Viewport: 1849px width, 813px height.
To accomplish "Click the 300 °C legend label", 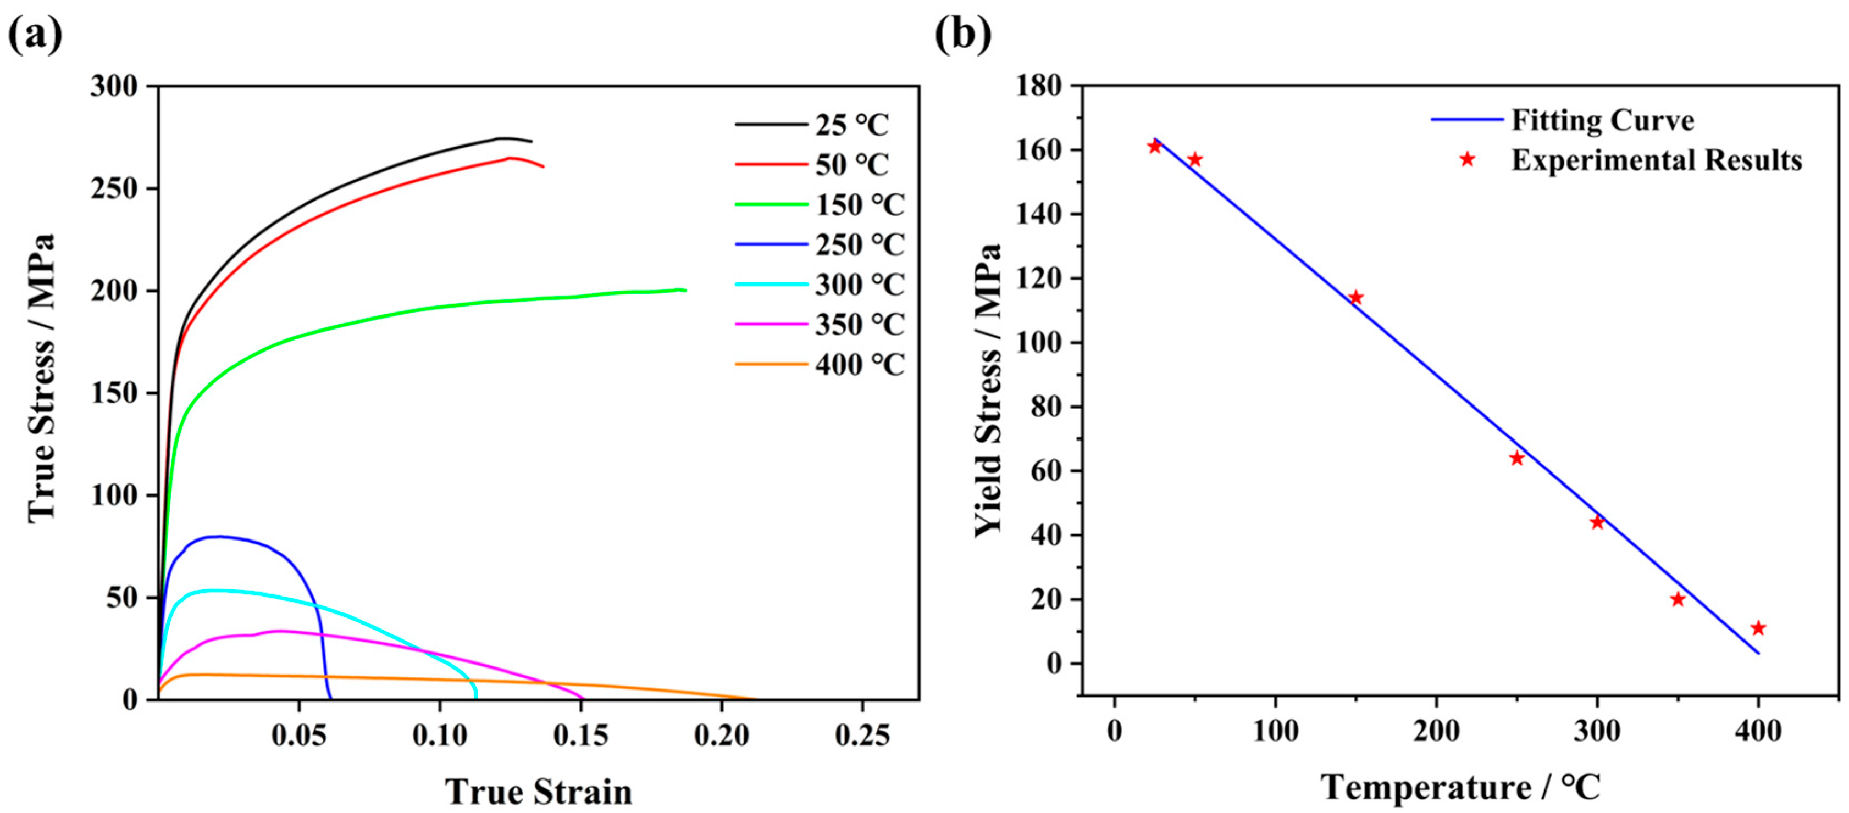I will click(x=859, y=285).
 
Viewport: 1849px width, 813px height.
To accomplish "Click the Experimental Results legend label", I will click(x=1656, y=159).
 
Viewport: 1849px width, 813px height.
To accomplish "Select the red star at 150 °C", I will click(x=1356, y=298).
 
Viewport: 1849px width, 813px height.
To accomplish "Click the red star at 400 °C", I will click(x=1758, y=628).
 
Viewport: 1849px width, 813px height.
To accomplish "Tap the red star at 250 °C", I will click(x=1516, y=458).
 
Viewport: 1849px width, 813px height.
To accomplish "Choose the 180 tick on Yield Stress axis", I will click(x=1039, y=86).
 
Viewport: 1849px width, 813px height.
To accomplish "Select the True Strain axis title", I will click(x=538, y=792).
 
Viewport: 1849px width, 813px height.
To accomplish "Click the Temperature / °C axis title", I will click(x=1461, y=787).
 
